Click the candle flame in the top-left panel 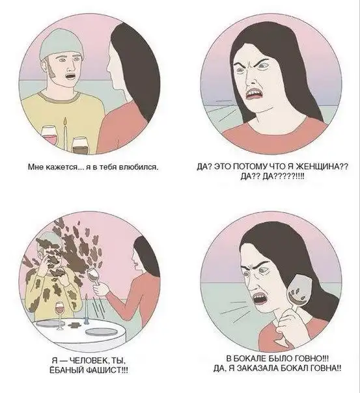point(66,122)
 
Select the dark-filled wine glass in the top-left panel point(79,145)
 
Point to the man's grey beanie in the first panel point(61,43)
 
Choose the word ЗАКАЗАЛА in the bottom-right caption point(257,368)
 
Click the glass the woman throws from point(94,277)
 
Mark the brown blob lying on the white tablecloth point(74,325)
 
